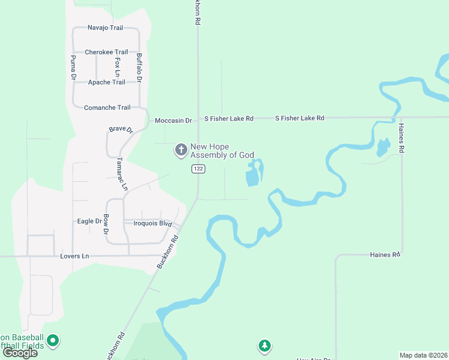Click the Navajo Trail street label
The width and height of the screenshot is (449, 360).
[x=105, y=28]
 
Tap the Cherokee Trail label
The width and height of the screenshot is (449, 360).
[x=106, y=52]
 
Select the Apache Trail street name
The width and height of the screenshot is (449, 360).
[x=107, y=82]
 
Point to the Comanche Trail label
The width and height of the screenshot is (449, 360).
[x=107, y=107]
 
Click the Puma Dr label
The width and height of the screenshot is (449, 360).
[x=73, y=68]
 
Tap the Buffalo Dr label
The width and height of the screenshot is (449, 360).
[x=139, y=68]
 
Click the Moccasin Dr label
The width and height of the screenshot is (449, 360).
[x=173, y=121]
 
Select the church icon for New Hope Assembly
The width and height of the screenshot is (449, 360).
[x=181, y=150]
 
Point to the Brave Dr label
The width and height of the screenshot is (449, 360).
[x=120, y=130]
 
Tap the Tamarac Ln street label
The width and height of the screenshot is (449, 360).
[x=122, y=174]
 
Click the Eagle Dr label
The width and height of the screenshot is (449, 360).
[x=90, y=221]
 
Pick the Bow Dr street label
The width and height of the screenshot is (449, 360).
[x=106, y=224]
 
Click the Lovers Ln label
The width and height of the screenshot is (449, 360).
[x=74, y=256]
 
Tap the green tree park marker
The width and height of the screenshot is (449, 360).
[x=264, y=346]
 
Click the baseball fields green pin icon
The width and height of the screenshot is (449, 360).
[x=53, y=341]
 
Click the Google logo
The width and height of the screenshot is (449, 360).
[x=20, y=353]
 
